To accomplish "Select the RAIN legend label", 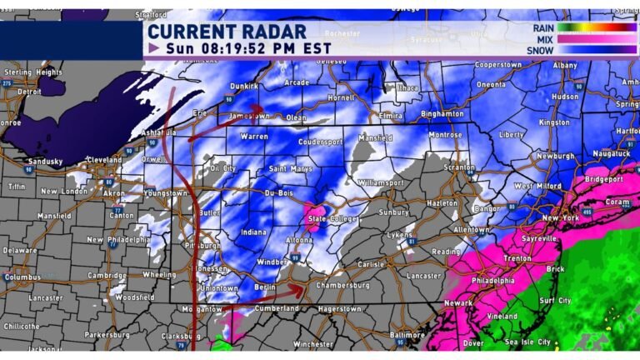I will point(543,27).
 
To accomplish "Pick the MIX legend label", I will point(546,39).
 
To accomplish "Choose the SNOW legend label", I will point(542,50).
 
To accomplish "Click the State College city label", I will point(330,219).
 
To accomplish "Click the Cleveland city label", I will point(82,159).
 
